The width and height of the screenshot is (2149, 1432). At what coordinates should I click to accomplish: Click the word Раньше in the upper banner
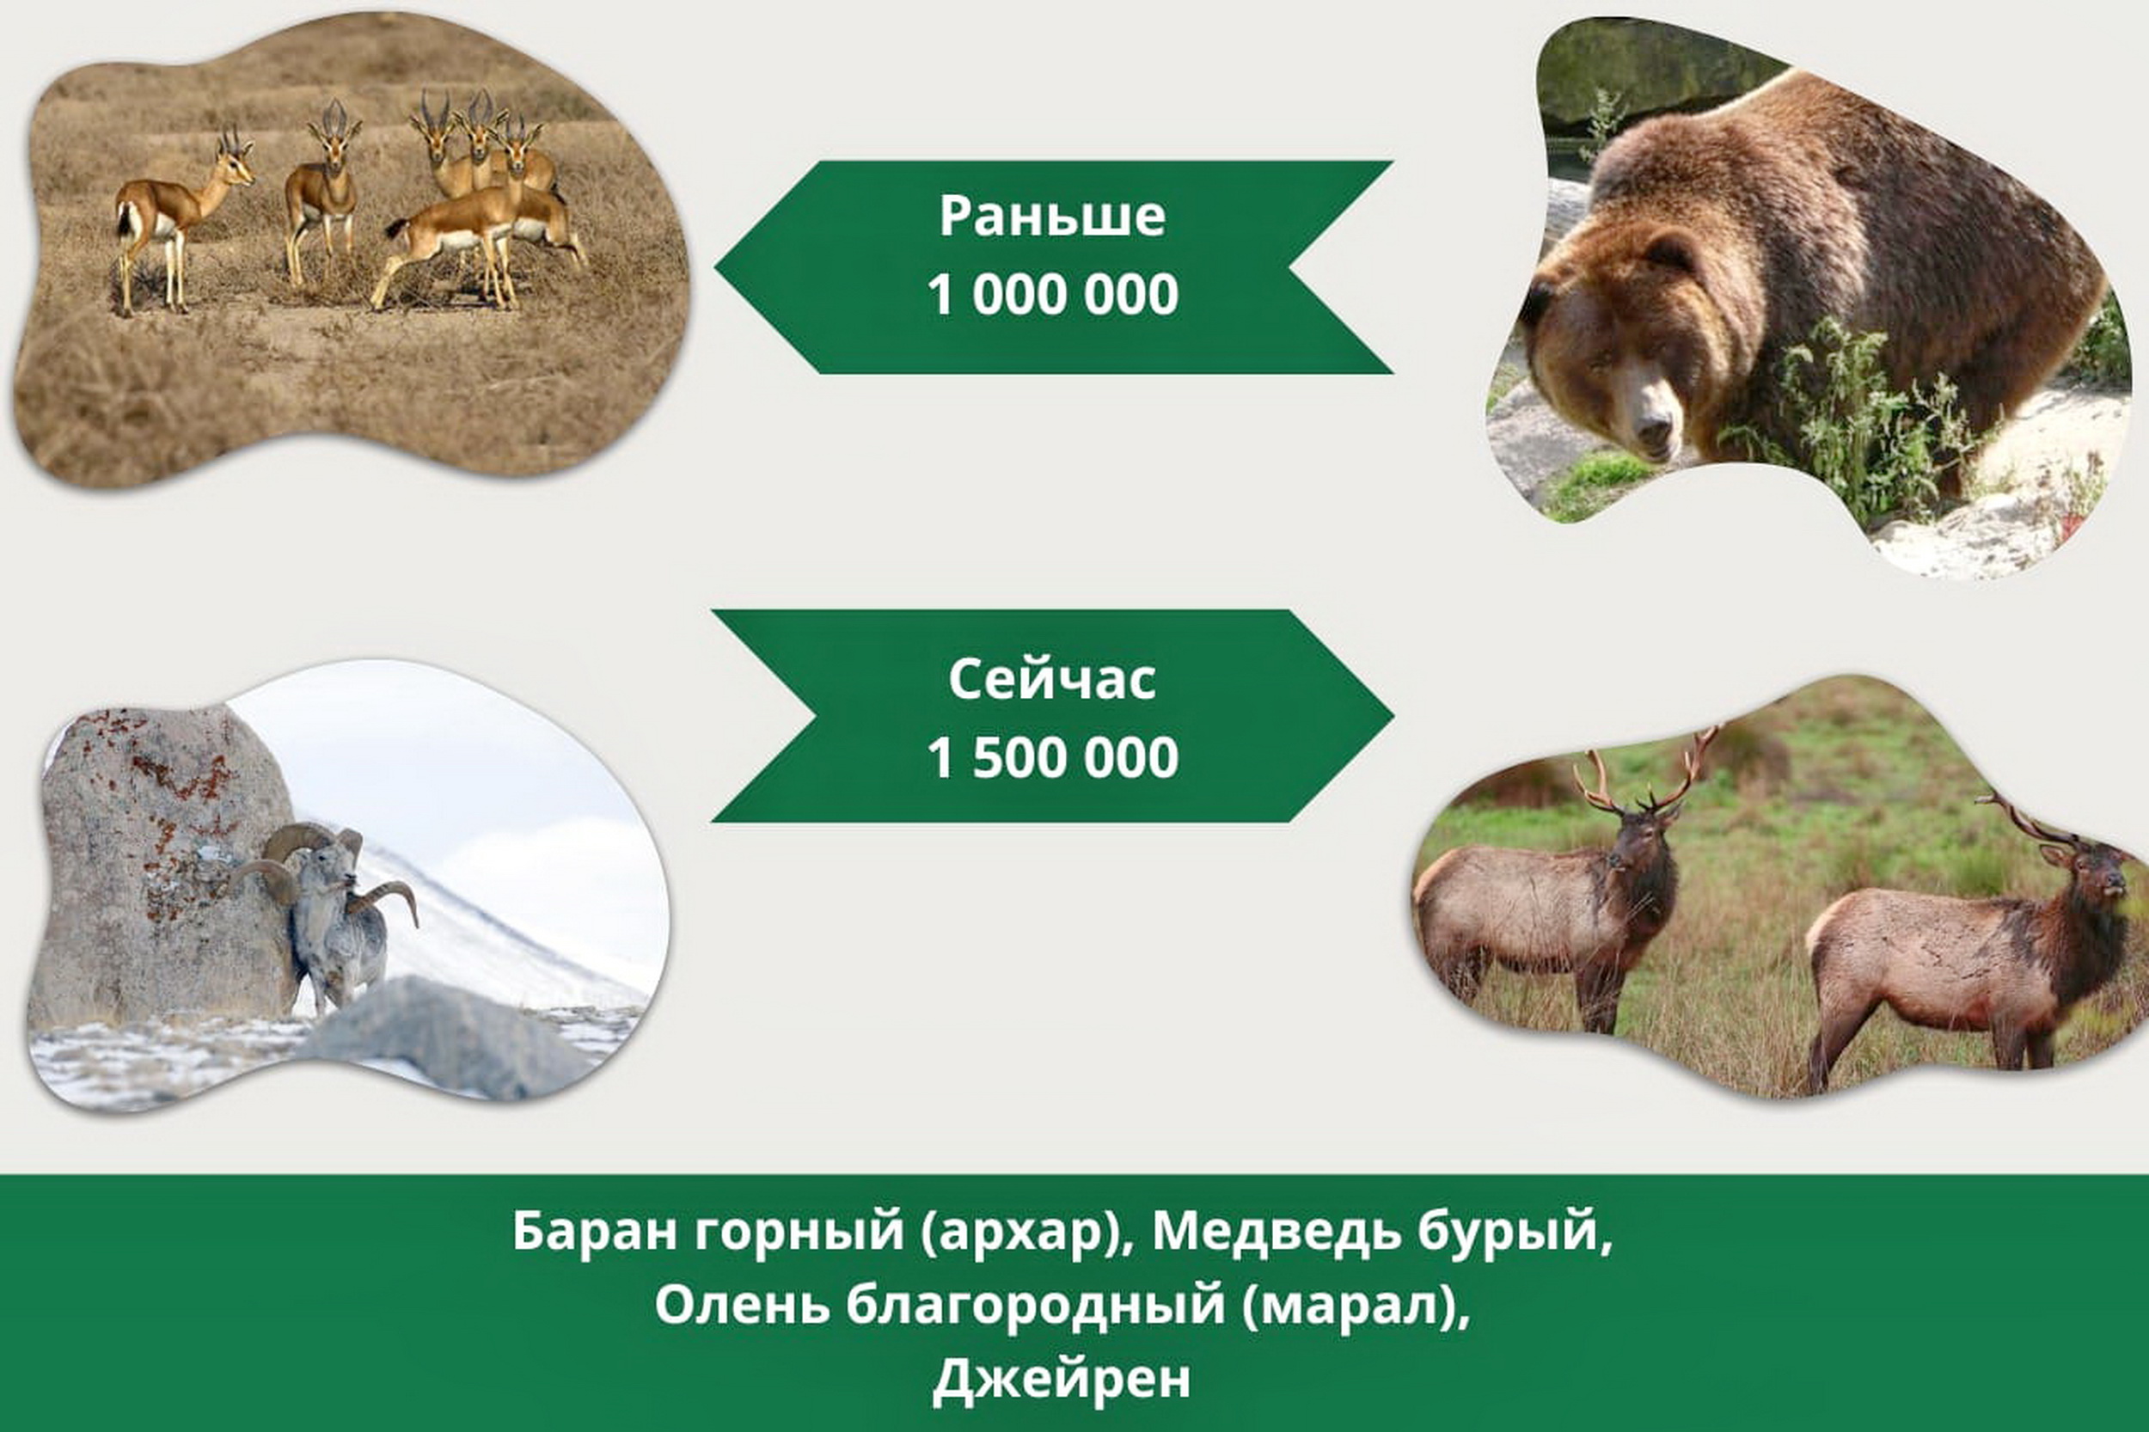(1052, 217)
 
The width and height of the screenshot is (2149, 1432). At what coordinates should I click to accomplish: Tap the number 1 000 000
(1052, 295)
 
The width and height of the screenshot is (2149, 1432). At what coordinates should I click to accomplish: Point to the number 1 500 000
(1052, 758)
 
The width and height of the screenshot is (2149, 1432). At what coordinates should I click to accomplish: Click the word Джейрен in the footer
(1062, 1379)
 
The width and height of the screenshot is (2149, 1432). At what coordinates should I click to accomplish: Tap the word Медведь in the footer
(1277, 1231)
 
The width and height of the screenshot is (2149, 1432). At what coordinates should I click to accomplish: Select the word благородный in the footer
(1035, 1306)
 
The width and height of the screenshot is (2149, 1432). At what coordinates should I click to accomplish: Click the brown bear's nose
(1652, 427)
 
